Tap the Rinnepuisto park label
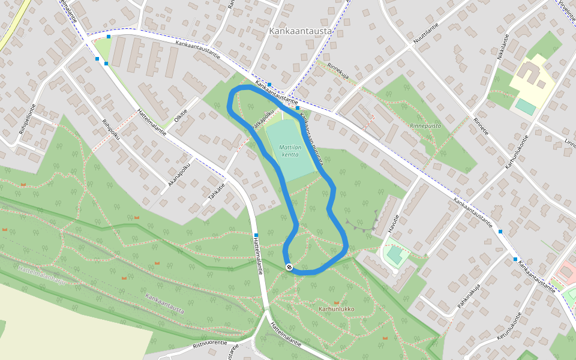(x=425, y=126)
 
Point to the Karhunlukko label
(x=337, y=310)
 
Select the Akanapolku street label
(x=179, y=174)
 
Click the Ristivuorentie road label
(x=210, y=344)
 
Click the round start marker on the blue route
(x=289, y=267)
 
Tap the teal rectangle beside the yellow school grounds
(x=526, y=107)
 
